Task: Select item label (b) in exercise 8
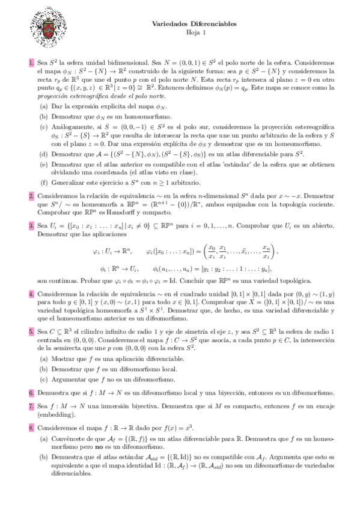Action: coord(44,458)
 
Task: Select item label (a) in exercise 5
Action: coord(44,358)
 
